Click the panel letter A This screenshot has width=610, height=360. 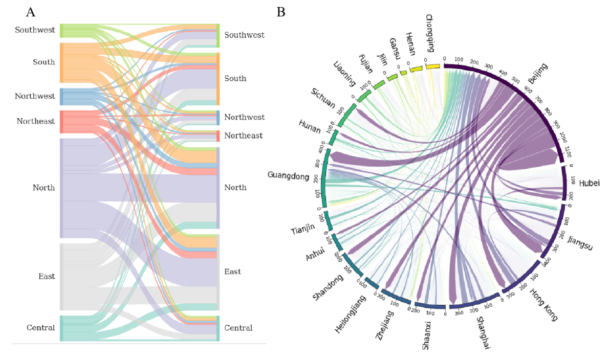click(31, 12)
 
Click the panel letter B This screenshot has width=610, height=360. click(281, 12)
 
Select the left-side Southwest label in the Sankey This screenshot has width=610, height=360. click(35, 30)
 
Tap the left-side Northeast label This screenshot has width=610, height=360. click(35, 121)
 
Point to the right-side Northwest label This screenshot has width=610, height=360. click(244, 118)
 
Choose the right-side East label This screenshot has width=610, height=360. click(232, 272)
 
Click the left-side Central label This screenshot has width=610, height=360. click(41, 328)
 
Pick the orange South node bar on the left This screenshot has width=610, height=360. click(61, 62)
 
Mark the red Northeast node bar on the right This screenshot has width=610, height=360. click(217, 136)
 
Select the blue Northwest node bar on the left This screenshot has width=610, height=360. click(61, 97)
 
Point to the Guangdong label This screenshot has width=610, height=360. click(288, 176)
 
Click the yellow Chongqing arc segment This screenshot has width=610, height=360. click(433, 66)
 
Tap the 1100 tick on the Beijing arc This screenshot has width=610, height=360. click(565, 151)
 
